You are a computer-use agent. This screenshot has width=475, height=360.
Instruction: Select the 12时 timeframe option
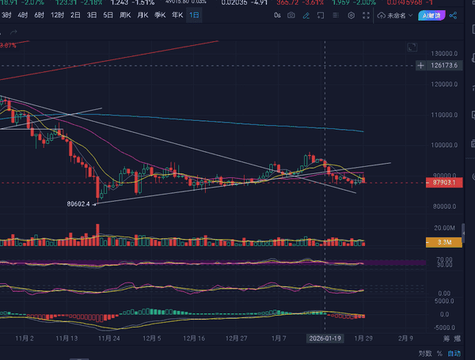(x=57, y=15)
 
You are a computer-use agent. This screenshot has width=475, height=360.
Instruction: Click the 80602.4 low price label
(x=78, y=203)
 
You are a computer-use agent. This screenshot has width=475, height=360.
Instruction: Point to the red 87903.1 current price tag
(x=444, y=183)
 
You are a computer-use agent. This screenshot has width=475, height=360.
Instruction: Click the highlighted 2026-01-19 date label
(x=325, y=337)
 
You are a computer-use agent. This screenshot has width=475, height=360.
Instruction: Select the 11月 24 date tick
(x=108, y=337)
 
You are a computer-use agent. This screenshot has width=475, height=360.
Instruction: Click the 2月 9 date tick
(x=405, y=337)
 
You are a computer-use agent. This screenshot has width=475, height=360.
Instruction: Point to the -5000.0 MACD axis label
(x=444, y=325)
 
